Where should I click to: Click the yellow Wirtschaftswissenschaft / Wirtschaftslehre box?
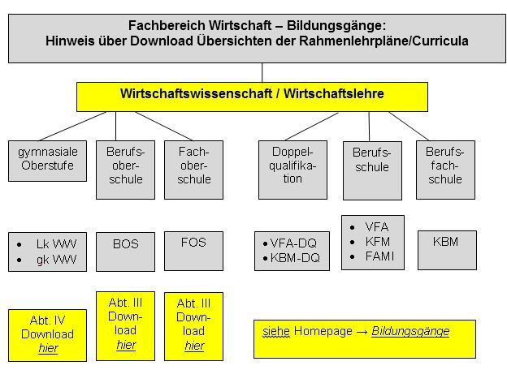pos(252,97)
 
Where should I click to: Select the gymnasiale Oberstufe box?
pos(47,161)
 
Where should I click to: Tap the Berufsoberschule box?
pos(125,170)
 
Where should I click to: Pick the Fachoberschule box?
pos(193,170)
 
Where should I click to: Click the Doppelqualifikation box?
pos(292,170)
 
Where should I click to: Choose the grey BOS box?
pos(125,252)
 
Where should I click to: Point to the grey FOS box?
pos(193,251)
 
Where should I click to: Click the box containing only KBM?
pos(447,250)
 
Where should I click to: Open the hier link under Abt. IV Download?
pos(48,348)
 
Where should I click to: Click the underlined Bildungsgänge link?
pos(410,331)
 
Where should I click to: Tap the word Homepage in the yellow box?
pos(323,331)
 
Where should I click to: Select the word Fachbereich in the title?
pos(167,25)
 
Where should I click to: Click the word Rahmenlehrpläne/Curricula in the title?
pos(383,41)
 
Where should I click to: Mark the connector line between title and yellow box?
pos(262,73)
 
